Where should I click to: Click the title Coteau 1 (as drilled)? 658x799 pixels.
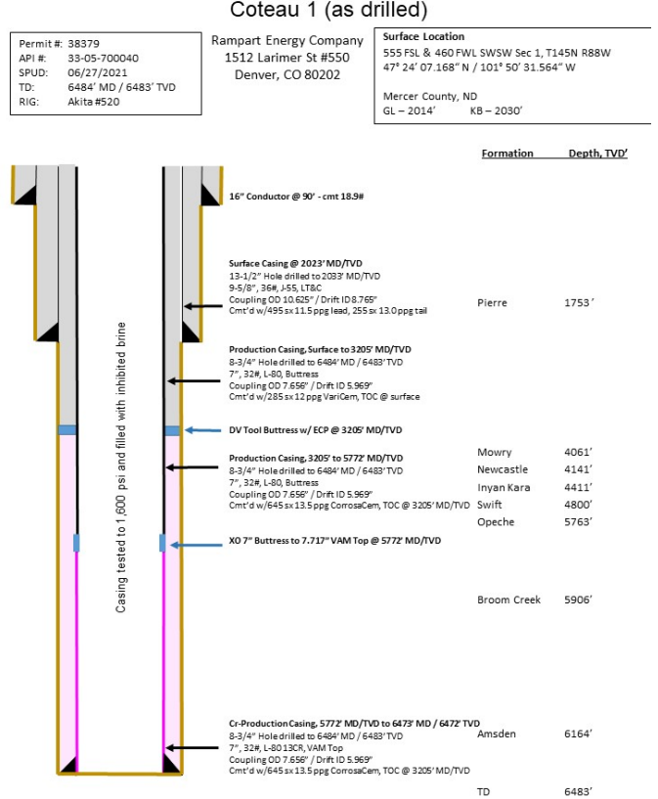point(329,11)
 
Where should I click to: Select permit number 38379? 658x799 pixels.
point(83,44)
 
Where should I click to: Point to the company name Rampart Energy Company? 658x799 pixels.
point(287,41)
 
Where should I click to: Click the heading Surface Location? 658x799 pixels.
point(424,36)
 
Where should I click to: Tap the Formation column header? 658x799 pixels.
point(507,154)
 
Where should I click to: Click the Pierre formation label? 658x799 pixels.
point(491,302)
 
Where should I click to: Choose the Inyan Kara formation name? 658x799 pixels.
point(504,487)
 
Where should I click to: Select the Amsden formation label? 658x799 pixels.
point(497,733)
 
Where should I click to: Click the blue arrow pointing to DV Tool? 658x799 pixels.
point(203,430)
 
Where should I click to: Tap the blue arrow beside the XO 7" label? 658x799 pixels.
point(203,541)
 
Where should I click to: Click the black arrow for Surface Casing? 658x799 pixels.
point(203,307)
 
